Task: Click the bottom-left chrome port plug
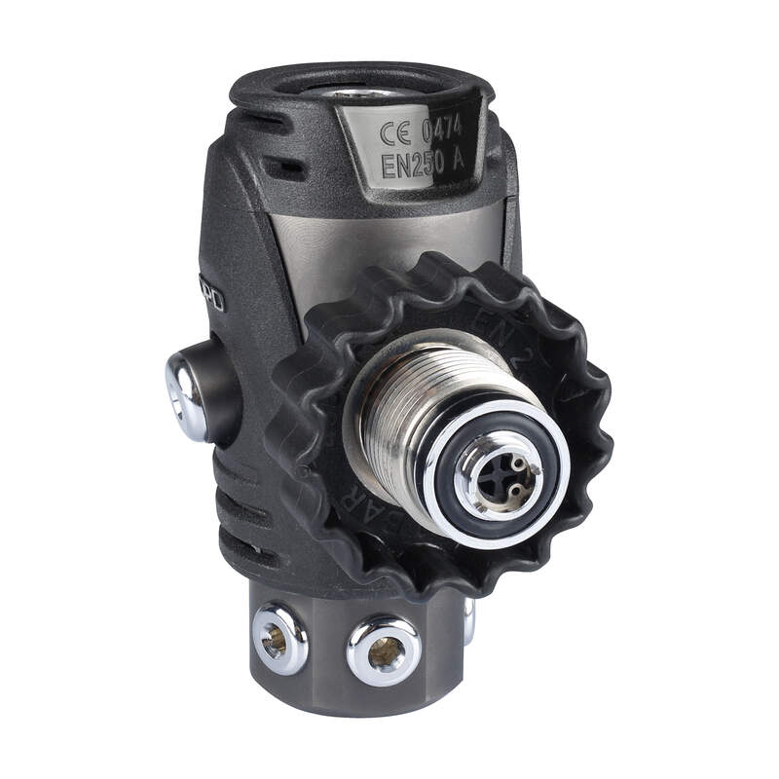tap(278, 638)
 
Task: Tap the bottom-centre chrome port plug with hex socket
tap(385, 650)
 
